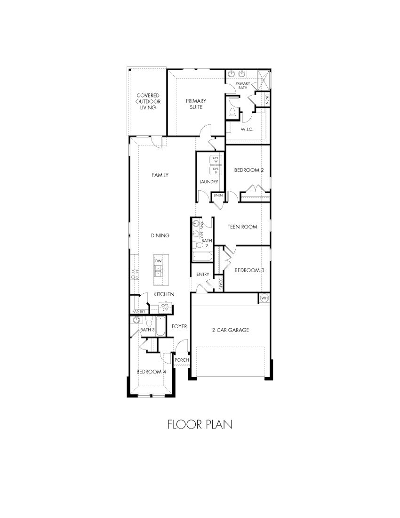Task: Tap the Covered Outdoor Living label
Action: (x=148, y=101)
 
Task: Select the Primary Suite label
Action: (x=196, y=104)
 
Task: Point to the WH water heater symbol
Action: (x=264, y=298)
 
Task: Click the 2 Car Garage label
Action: (x=230, y=330)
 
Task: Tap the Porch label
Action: (x=182, y=360)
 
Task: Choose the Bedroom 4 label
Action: (x=152, y=372)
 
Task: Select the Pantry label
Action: (x=138, y=311)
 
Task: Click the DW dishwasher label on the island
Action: (x=159, y=260)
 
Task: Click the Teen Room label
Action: (x=242, y=227)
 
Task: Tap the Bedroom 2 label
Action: (x=248, y=170)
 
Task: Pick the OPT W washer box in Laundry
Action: (x=216, y=160)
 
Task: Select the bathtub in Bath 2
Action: (x=203, y=257)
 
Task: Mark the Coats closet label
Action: (x=220, y=283)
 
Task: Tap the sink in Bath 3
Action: (x=136, y=320)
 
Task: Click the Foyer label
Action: (x=179, y=326)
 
